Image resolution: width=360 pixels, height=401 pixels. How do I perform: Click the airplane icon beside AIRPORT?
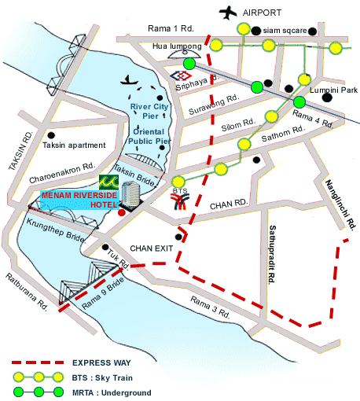[229, 12]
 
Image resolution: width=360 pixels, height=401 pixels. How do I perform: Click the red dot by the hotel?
[120, 212]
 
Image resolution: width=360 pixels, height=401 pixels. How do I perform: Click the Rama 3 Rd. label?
[210, 308]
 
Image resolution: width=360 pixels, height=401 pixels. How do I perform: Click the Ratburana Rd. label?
[28, 292]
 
